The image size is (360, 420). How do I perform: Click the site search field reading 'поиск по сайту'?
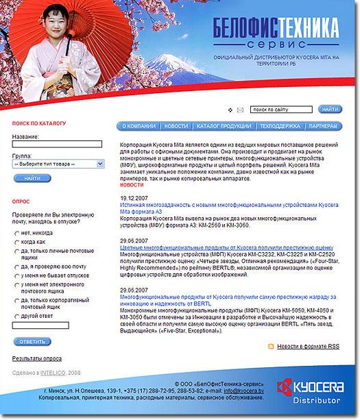(282, 109)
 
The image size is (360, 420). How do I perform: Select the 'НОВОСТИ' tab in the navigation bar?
(176, 127)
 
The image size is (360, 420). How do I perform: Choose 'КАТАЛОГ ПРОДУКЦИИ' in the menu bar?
(224, 127)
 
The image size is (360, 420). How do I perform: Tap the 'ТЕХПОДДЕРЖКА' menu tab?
(280, 127)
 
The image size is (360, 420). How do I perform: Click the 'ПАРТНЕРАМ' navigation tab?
(323, 127)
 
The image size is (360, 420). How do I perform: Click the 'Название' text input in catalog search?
(57, 145)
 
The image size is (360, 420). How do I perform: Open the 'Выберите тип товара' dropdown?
(57, 164)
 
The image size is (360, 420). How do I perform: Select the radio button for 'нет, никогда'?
(16, 234)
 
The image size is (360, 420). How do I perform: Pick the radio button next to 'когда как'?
(16, 242)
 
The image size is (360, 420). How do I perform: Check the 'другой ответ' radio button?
(16, 317)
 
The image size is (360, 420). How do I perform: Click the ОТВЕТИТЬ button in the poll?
(32, 341)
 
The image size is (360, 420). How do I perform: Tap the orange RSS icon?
(270, 347)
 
